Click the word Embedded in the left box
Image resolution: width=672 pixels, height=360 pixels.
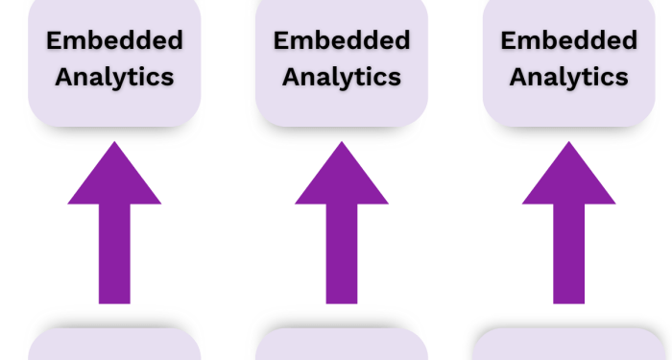pos(114,40)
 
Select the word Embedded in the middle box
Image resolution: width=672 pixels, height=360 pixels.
pos(342,40)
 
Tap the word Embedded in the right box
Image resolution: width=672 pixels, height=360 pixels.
pos(568,40)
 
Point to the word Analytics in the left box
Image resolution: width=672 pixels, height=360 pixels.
pos(114,77)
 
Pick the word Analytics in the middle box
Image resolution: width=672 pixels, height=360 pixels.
pos(342,77)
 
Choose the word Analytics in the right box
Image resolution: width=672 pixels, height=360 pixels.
pos(568,77)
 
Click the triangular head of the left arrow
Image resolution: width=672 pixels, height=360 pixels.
pos(114,178)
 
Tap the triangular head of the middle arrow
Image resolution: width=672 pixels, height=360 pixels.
pos(342,178)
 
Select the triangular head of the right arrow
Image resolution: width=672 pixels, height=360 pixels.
pos(568,178)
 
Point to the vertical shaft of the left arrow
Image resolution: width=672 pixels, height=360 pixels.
pos(114,254)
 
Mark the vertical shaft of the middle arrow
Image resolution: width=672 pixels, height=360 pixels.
pos(342,254)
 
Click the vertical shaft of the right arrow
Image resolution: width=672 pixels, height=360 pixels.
pos(568,254)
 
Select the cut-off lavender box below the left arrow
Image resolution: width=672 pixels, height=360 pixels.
pos(114,346)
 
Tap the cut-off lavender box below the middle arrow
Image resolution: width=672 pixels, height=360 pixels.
pos(342,346)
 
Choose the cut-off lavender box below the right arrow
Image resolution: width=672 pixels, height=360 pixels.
pos(568,346)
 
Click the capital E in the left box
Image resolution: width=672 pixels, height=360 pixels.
pos(55,40)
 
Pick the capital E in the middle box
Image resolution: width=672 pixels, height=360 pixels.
pos(281,40)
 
